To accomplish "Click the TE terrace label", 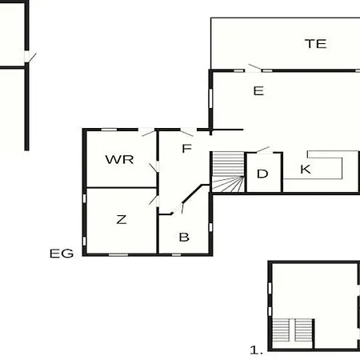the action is [x=316, y=44].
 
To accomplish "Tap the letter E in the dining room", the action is [x=258, y=91].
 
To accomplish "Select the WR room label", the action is [x=119, y=159].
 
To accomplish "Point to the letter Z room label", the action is [x=122, y=219].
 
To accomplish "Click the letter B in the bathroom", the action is [x=184, y=237].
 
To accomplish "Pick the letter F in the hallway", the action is [x=186, y=148].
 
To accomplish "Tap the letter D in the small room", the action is [x=262, y=174].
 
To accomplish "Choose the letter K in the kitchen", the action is [x=306, y=170].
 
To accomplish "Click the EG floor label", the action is [x=62, y=254].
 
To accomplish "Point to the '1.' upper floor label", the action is [x=257, y=350].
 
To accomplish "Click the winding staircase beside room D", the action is [x=228, y=172].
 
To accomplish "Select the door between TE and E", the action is [x=254, y=68].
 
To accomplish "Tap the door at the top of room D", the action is [x=263, y=150].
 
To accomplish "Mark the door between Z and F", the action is [x=154, y=201].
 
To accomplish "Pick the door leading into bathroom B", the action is [x=178, y=209].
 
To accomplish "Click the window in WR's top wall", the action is [x=110, y=130].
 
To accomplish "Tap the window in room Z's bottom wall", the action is [x=118, y=255].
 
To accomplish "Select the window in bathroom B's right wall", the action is [x=210, y=227].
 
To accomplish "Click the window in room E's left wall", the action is [x=210, y=98].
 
